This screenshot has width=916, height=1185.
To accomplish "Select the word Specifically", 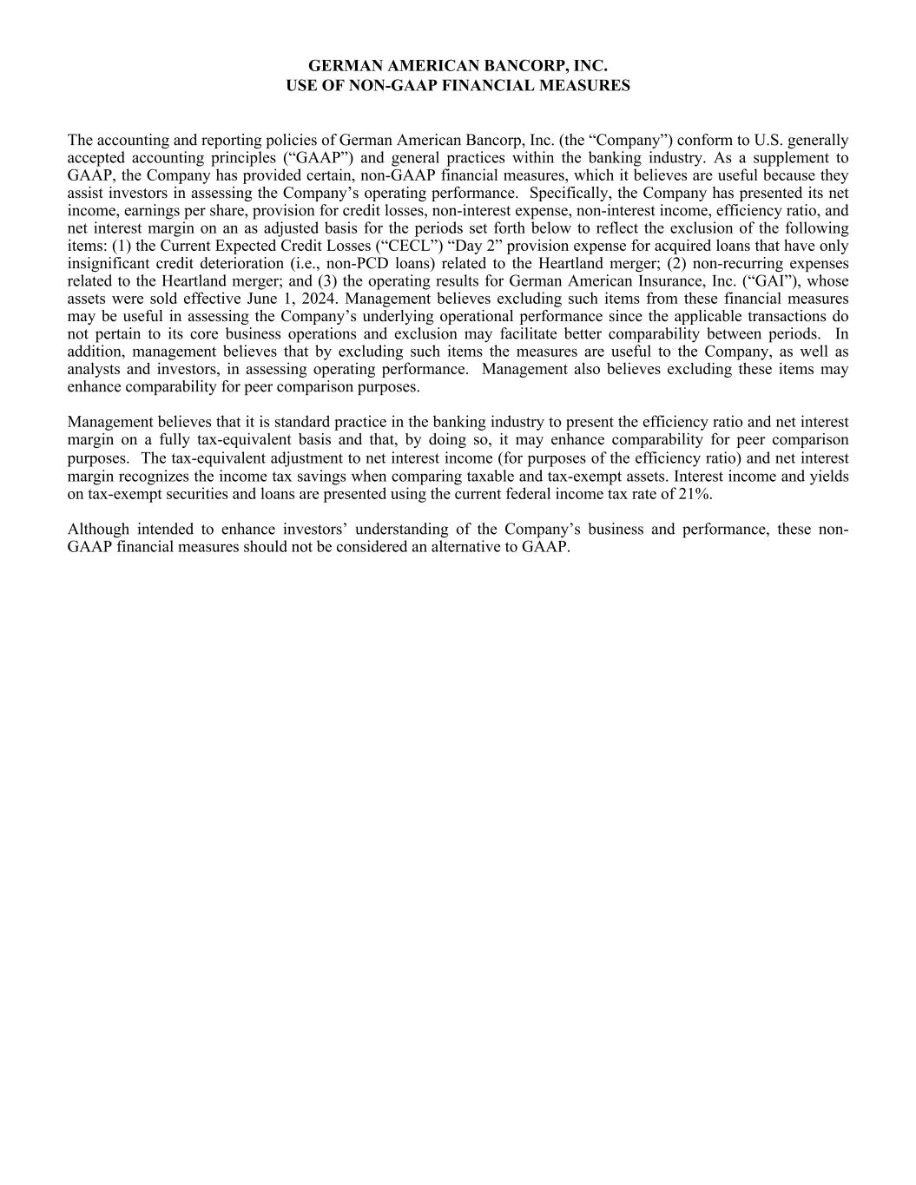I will point(568,193).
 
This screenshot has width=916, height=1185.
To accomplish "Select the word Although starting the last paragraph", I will point(98,529).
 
